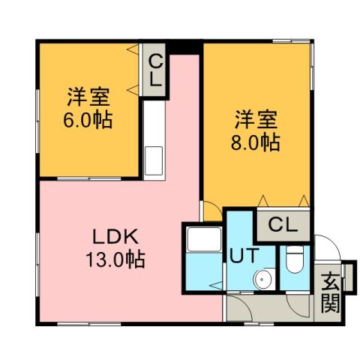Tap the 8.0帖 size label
point(256,142)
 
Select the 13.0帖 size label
point(115,260)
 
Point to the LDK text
point(114,238)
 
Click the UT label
point(241,255)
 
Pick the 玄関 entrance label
point(330,292)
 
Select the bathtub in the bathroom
point(202,241)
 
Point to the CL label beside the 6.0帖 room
point(156,71)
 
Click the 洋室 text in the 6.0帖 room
point(89,97)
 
